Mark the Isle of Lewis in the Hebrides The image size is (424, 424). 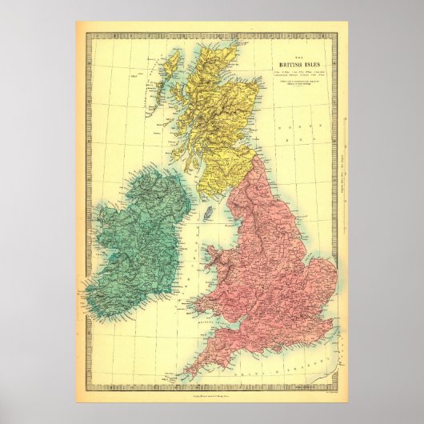tap(170, 71)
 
